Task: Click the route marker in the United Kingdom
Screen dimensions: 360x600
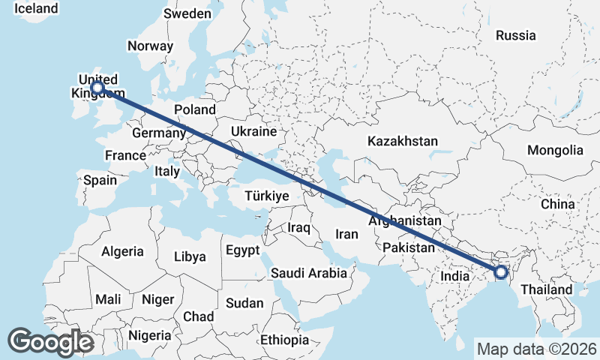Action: point(97,88)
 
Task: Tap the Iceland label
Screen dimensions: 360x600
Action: point(36,8)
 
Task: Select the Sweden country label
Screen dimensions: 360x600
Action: point(187,13)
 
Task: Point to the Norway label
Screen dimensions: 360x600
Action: point(150,46)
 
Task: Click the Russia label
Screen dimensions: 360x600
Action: point(516,34)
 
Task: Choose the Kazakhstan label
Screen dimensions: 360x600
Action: point(403,141)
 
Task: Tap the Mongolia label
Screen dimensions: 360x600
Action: point(555,150)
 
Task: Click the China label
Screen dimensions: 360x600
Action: point(557,204)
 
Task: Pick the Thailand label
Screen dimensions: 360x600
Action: point(547,289)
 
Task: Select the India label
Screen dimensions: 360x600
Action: point(454,276)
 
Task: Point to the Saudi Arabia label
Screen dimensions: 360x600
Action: point(309,273)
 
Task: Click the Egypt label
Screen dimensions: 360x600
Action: point(242,250)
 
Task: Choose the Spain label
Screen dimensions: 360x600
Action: point(100,180)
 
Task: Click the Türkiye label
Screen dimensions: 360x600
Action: point(266,196)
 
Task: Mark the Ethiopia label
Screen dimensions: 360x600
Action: point(285,340)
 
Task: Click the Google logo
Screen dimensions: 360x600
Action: point(49,342)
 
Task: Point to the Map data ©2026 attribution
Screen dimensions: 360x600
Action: point(537,349)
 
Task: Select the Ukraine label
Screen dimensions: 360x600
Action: point(253,131)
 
